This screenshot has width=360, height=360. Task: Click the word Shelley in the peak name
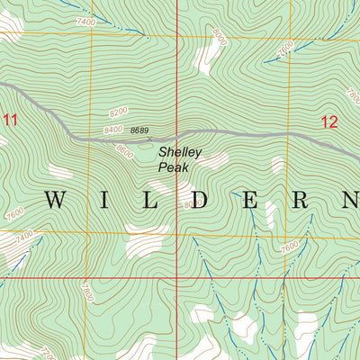point(180,153)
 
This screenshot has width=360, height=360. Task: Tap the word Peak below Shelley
point(172,166)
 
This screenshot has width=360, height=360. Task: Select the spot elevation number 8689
point(139,131)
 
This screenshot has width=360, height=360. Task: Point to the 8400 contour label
point(112,130)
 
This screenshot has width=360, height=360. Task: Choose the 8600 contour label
point(124,154)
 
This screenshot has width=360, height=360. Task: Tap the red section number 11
point(10,119)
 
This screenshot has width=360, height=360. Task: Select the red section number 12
point(329,121)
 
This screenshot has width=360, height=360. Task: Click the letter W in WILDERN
point(56,200)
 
